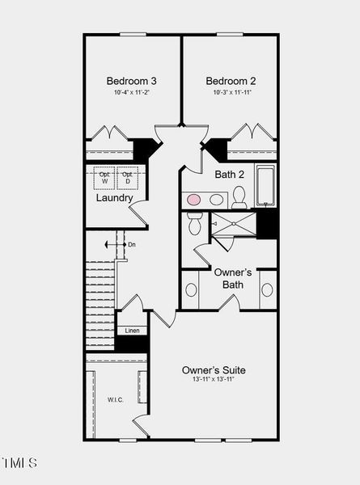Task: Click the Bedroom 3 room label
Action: (x=132, y=81)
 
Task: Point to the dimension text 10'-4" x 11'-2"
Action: (x=132, y=93)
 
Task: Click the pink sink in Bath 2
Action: (x=194, y=199)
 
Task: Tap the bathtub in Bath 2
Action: (x=266, y=186)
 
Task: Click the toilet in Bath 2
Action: (x=239, y=196)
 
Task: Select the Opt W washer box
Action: (x=104, y=178)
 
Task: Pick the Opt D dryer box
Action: (x=126, y=178)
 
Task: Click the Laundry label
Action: (x=114, y=198)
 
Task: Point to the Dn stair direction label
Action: (x=131, y=244)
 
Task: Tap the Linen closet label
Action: (x=131, y=331)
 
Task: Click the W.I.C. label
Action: (x=116, y=399)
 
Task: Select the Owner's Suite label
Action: (x=214, y=370)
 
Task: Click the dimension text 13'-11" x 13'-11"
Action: (x=214, y=380)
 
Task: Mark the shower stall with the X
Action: (x=234, y=224)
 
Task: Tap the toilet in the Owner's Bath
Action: (x=194, y=225)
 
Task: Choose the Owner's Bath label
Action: (x=233, y=279)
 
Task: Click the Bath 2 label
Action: (x=230, y=174)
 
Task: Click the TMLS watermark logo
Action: (x=19, y=463)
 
